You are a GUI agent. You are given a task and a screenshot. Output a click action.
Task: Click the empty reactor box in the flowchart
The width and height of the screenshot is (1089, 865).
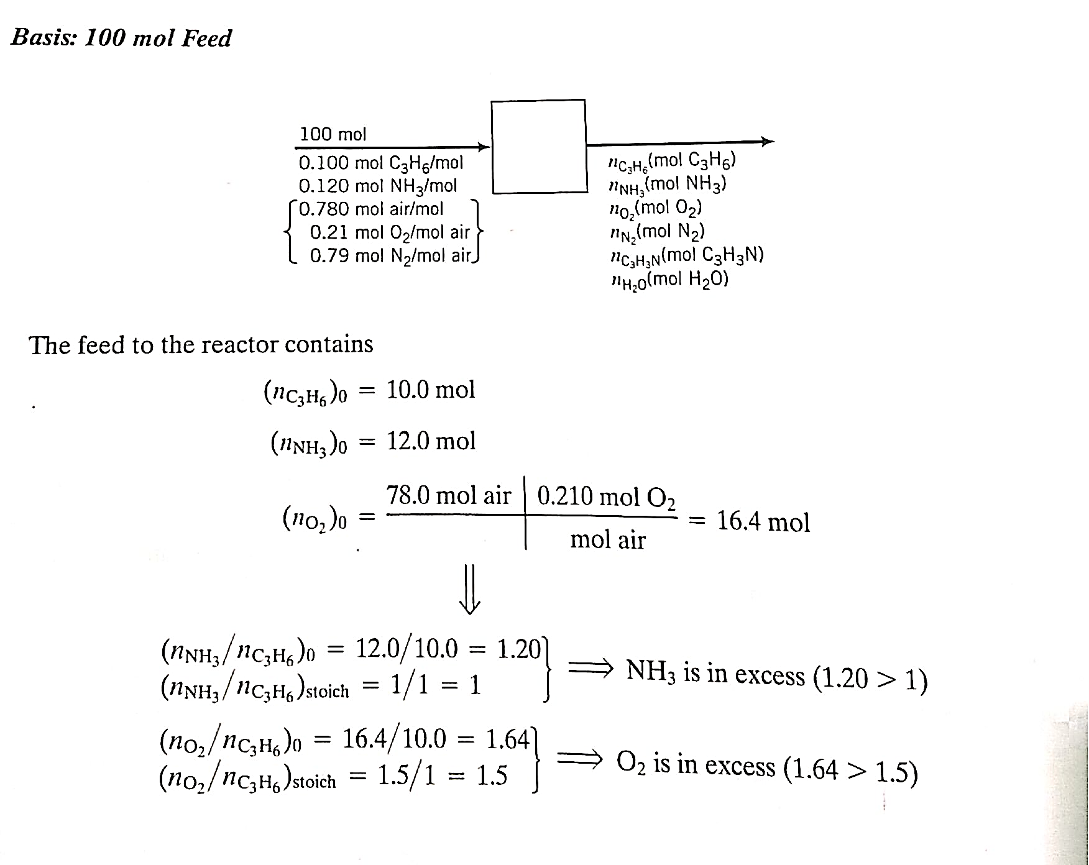pos(538,146)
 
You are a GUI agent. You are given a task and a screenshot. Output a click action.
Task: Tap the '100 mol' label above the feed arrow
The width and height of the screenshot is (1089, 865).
pos(333,134)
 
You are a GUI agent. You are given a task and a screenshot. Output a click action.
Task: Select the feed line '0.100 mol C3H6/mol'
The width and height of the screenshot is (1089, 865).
pos(381,163)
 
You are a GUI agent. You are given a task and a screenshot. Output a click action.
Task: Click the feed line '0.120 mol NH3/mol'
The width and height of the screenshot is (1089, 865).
pos(378,186)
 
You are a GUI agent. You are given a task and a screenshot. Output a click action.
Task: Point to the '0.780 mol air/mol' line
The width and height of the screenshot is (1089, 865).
pos(371,209)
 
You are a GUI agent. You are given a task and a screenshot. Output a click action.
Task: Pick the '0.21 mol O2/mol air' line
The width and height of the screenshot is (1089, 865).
pos(390,232)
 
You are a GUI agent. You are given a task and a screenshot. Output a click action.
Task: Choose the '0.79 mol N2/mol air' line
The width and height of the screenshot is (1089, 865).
pos(390,255)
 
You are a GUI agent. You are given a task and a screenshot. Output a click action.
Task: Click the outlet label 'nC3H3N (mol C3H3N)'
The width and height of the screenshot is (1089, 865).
pos(687,255)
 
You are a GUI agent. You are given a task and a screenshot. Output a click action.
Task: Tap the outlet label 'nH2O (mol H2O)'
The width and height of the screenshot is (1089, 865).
pos(670,279)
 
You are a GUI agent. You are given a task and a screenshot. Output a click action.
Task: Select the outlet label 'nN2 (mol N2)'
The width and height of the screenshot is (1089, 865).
pos(658,232)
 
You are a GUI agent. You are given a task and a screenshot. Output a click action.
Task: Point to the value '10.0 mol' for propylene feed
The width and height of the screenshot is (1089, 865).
pos(431,390)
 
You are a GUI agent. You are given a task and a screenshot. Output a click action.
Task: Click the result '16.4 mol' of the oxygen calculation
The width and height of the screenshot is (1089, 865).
pos(763,522)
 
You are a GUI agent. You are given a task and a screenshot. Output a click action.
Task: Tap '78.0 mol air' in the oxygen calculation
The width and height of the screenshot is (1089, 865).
pos(448,496)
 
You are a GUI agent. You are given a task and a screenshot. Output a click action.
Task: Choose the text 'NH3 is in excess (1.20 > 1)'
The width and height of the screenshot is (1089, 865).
pos(777,675)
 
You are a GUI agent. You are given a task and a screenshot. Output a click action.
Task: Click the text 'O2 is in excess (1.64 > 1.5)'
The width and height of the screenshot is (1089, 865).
pos(767,767)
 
